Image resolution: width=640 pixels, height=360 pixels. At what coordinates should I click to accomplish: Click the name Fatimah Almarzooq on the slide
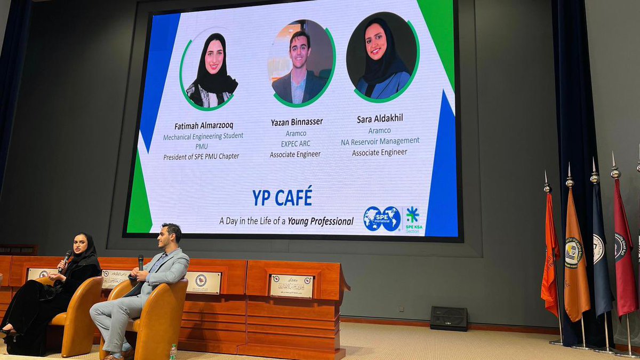[x=203, y=126]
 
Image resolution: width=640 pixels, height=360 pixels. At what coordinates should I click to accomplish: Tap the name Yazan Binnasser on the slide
[x=297, y=122]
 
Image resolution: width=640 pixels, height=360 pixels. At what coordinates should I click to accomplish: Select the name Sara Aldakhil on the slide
[x=379, y=119]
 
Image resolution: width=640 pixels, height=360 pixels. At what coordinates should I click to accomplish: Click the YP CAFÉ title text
[x=282, y=197]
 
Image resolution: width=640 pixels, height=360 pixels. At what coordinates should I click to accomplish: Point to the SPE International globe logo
[x=382, y=219]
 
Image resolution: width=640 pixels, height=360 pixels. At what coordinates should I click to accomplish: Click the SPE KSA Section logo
[x=413, y=219]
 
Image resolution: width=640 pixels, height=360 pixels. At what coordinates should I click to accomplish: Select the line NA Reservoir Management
[x=380, y=141]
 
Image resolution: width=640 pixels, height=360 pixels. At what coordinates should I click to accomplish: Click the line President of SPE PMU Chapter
[x=201, y=156]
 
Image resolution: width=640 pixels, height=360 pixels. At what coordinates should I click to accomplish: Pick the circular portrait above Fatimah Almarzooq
[x=210, y=69]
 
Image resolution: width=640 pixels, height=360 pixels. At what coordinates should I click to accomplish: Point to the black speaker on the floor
[x=449, y=318]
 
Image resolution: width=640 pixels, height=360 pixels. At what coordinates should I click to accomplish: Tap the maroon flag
[x=624, y=251]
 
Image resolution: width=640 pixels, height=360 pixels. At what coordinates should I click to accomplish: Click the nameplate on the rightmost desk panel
[x=291, y=286]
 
